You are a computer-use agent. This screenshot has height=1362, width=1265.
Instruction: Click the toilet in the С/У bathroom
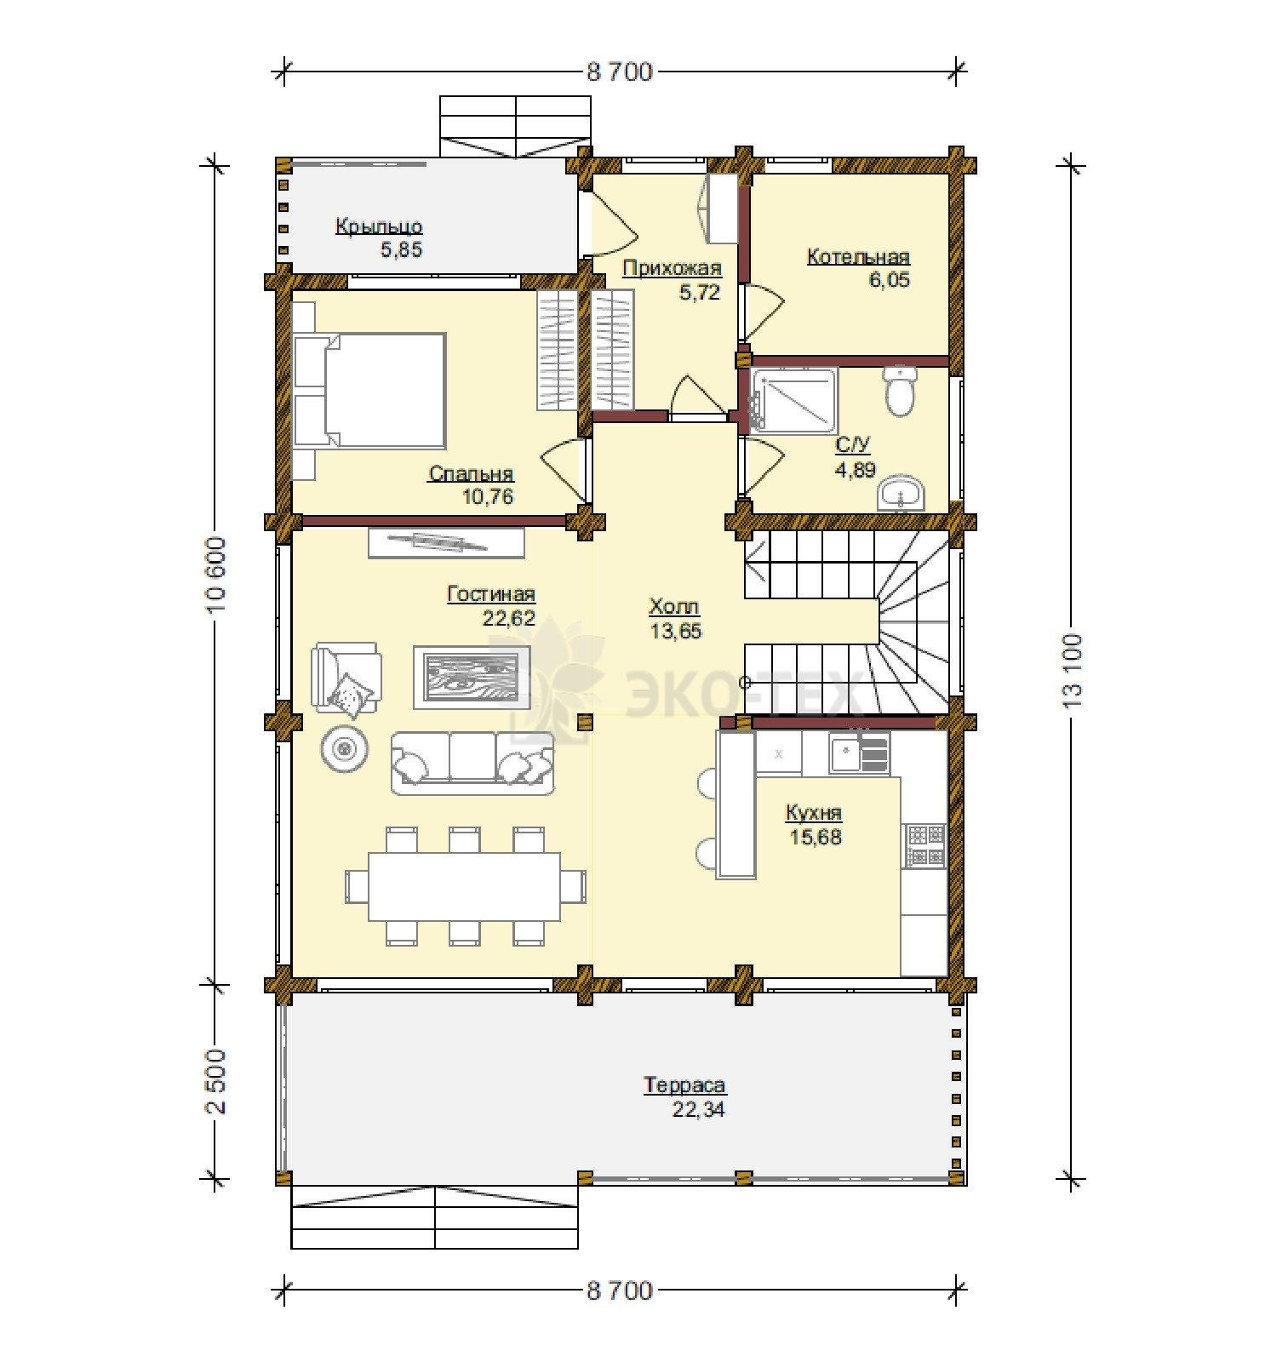[x=899, y=391]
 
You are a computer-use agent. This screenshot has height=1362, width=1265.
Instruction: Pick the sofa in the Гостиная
[x=472, y=763]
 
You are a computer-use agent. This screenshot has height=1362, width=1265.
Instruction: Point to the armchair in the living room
[x=346, y=677]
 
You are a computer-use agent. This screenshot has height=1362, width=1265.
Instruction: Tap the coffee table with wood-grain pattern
[x=472, y=677]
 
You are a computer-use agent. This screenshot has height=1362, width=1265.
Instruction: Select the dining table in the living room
[x=465, y=886]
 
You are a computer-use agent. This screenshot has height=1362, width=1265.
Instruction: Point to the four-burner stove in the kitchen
[x=924, y=845]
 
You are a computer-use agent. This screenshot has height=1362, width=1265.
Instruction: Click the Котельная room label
[x=858, y=256]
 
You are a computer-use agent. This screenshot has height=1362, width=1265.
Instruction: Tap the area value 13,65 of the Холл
[x=675, y=631]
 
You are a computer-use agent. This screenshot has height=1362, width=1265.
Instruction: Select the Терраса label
[x=684, y=1085]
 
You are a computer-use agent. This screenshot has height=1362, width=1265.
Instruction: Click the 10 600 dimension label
[x=216, y=575]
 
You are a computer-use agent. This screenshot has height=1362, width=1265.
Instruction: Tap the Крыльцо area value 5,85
[x=401, y=249]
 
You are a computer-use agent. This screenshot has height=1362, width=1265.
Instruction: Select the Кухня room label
[x=813, y=813]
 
